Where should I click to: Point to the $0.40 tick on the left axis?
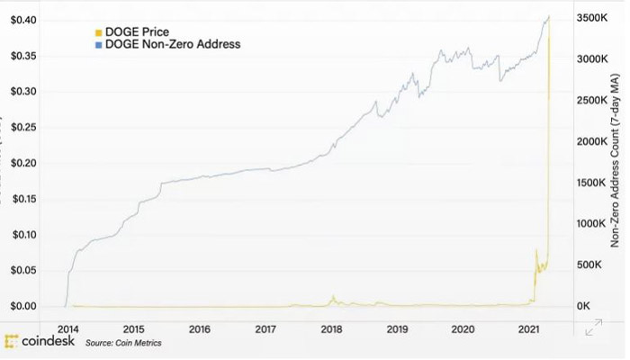point(23,20)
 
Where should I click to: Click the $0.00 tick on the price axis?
point(23,306)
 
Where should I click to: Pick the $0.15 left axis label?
point(23,199)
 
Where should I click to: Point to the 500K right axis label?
point(589,265)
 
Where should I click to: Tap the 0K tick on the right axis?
point(584,307)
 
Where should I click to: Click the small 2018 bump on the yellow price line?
point(333,298)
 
